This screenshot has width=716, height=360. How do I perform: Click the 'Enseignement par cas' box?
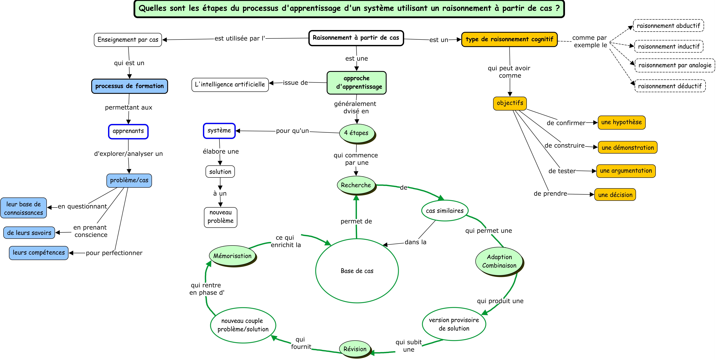(128, 40)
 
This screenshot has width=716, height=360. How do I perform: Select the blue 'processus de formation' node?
(130, 86)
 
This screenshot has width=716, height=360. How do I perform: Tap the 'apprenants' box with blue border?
(128, 131)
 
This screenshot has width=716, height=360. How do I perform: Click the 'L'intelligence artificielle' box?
(230, 85)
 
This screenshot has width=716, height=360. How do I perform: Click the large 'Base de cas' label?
(357, 271)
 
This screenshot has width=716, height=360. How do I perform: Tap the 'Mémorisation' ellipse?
(232, 256)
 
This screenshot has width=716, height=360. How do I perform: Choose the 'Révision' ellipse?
(355, 349)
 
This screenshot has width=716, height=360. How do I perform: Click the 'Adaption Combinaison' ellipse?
(499, 261)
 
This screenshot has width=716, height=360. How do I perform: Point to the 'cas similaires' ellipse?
(445, 211)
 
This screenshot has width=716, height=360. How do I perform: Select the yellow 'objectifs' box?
(510, 103)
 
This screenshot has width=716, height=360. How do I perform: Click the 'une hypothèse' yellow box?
(622, 122)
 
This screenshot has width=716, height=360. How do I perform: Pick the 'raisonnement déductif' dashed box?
(670, 86)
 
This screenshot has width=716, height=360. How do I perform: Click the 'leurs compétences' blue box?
(39, 253)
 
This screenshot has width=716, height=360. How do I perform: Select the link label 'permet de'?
(356, 221)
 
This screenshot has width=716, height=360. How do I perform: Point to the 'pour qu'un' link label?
(292, 131)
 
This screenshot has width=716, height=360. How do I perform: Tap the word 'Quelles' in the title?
(152, 8)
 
